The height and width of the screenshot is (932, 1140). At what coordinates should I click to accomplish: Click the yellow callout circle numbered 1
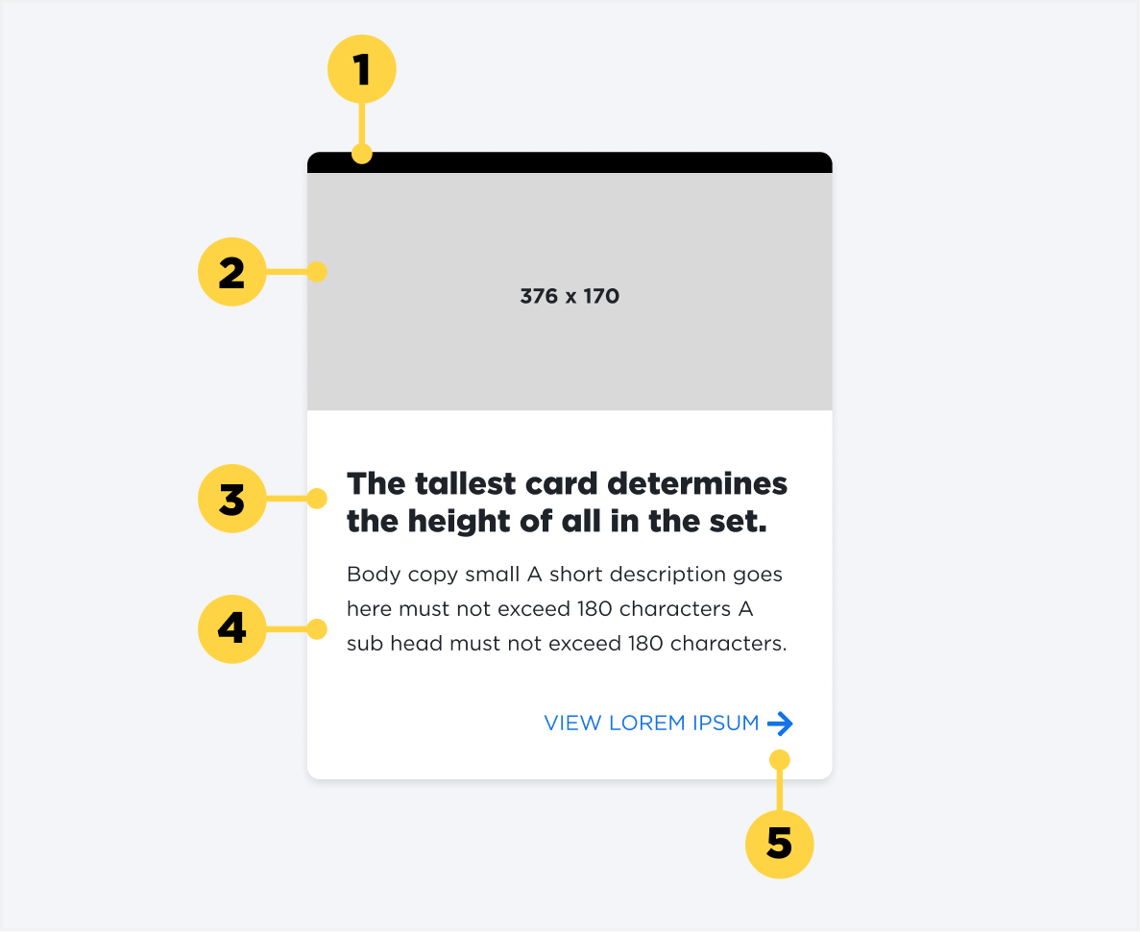point(361,69)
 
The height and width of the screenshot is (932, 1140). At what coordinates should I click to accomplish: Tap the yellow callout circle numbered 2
point(231,272)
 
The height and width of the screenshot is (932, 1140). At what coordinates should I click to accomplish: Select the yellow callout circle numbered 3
point(231,499)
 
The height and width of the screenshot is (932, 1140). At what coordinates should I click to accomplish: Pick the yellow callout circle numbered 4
point(231,629)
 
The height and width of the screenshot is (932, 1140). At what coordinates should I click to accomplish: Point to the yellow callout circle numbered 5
point(779,845)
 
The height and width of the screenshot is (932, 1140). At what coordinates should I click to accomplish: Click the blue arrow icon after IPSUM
point(781,724)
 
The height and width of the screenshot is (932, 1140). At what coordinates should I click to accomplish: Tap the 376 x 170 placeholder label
point(570,296)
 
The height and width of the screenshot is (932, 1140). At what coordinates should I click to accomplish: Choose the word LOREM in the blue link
point(646,724)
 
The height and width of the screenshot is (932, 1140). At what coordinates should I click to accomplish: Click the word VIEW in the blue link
point(572,724)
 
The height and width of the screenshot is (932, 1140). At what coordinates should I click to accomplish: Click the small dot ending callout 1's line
point(361,153)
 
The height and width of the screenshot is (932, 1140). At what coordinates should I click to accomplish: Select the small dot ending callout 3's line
point(317,499)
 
